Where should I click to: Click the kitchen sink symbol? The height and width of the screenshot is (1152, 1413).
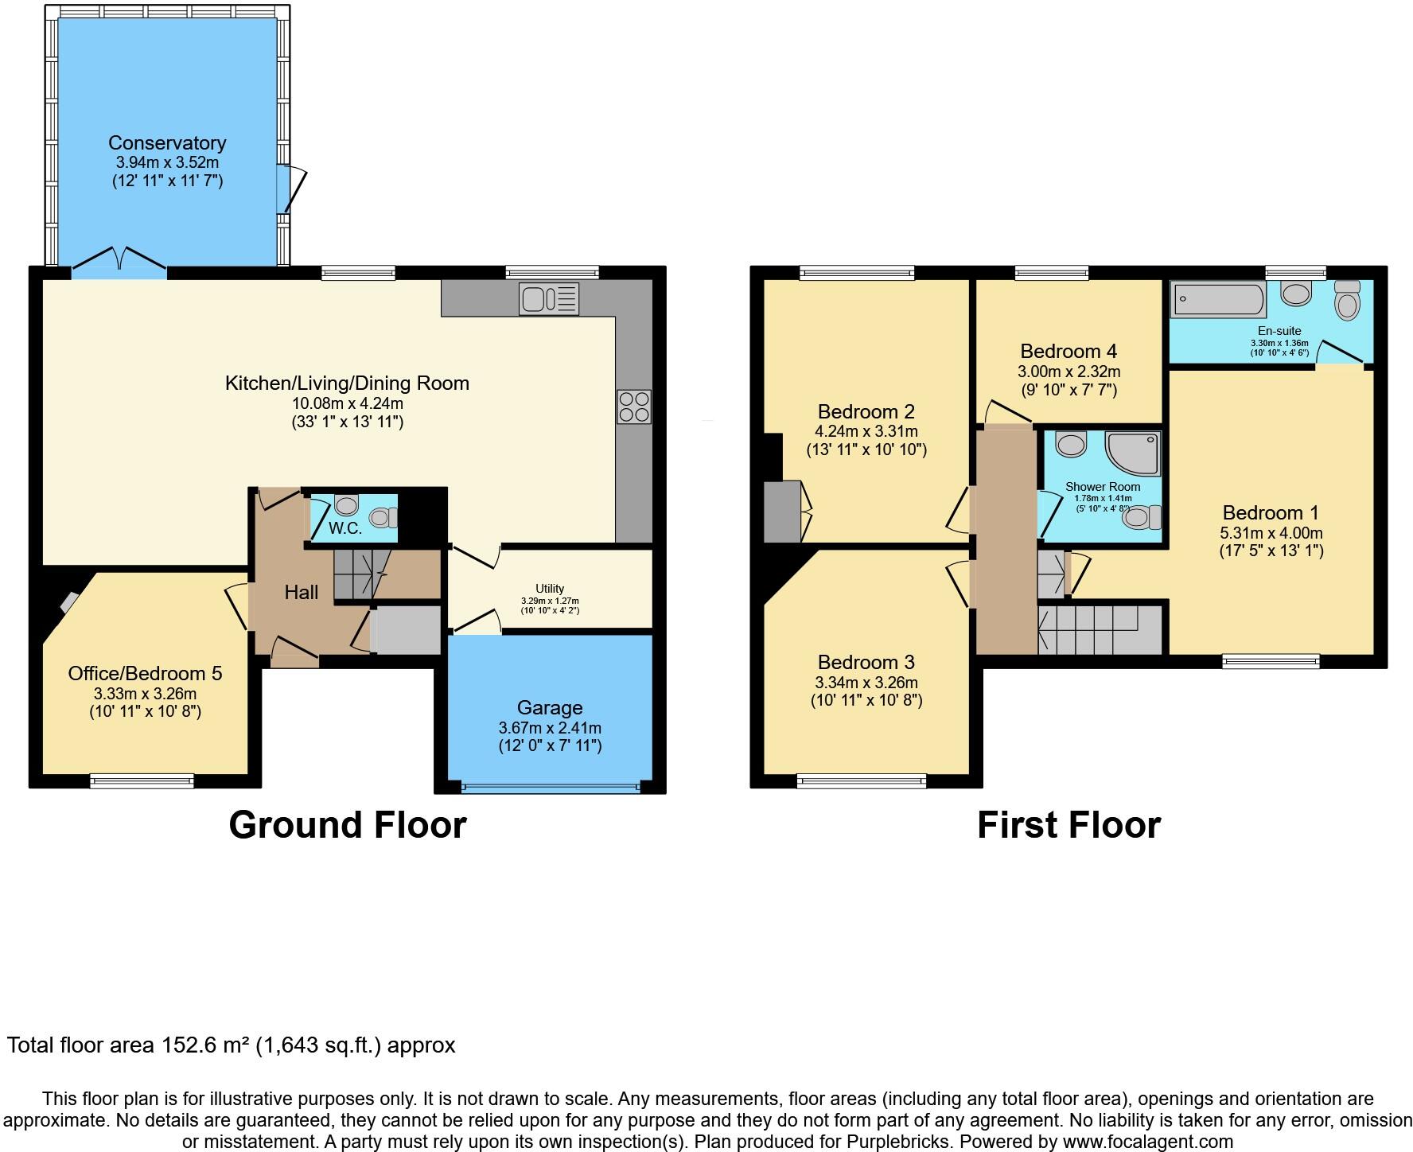click(548, 299)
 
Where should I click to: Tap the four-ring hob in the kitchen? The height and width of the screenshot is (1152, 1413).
click(633, 406)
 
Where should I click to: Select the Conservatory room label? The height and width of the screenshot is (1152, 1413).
click(167, 143)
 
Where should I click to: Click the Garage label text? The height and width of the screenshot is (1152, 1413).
click(550, 708)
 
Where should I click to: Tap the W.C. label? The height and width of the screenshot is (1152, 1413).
click(345, 528)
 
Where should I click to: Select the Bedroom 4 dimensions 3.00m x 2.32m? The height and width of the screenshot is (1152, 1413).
click(1069, 372)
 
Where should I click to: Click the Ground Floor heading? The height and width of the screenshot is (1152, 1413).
click(348, 825)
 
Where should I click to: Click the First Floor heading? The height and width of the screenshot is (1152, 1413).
click(1069, 825)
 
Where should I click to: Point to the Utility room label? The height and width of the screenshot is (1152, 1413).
click(550, 589)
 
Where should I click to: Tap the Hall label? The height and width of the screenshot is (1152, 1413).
click(302, 592)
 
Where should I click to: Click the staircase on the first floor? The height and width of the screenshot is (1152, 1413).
click(1100, 630)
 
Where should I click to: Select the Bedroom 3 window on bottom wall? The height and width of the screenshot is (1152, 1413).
click(862, 781)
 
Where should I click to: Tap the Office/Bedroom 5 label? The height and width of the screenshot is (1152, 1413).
click(145, 674)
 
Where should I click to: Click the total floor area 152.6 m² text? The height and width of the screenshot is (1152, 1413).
click(231, 1045)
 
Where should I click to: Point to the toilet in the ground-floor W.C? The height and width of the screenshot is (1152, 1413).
click(383, 518)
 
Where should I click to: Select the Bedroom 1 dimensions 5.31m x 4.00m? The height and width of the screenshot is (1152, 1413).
click(1271, 533)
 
